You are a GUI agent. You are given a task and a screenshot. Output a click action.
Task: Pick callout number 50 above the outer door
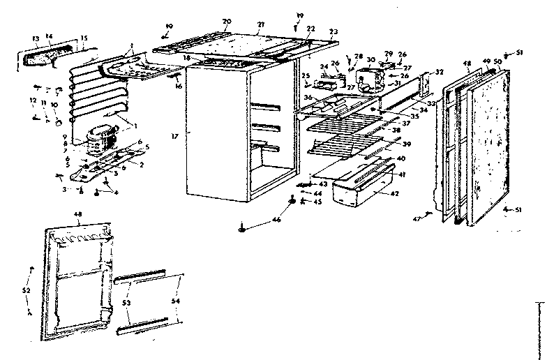coord(497,62)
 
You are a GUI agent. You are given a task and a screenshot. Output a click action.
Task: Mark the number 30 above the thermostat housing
coord(371,59)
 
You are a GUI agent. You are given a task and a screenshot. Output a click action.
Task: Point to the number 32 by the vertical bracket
coord(438,72)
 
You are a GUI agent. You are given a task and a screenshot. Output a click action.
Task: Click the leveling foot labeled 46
coord(241,227)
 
